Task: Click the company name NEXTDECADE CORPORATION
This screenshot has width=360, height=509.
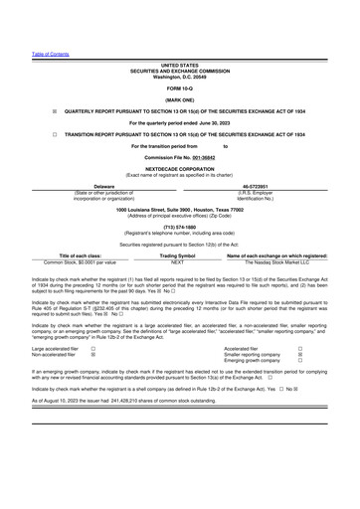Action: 179,169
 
